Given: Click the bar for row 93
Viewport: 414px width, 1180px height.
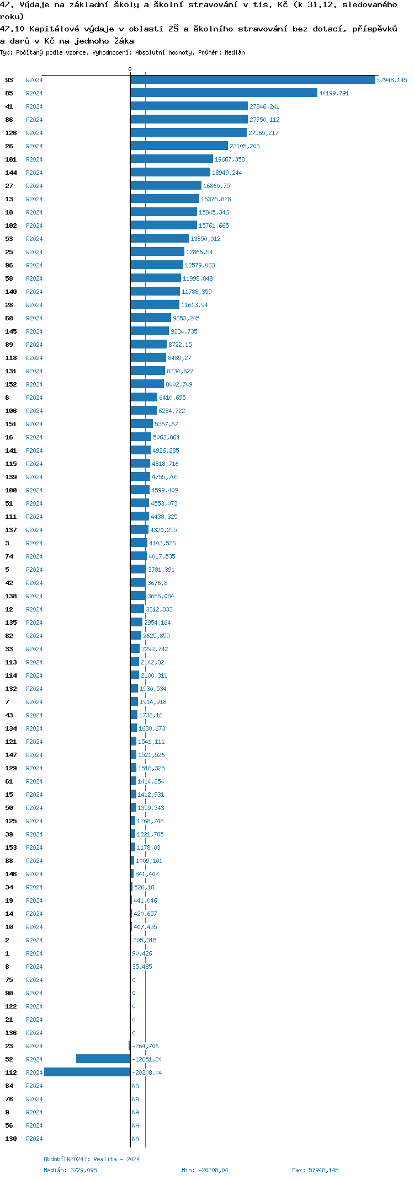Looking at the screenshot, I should (253, 80).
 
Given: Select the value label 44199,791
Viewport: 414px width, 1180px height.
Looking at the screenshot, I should (334, 93).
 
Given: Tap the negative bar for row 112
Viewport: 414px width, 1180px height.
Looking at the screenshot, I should (87, 1072).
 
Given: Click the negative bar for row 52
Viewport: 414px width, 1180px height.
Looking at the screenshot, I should (103, 1059).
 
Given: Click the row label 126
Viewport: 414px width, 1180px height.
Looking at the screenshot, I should (11, 133).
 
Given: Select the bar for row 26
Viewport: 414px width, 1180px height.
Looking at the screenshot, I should (179, 146).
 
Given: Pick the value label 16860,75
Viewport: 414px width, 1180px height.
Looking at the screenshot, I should (216, 186).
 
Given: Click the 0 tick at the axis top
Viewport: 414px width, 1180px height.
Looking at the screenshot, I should (130, 69).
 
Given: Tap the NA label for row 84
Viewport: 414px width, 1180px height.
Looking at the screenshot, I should (135, 1086).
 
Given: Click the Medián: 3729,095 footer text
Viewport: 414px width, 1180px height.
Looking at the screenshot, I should (70, 1170).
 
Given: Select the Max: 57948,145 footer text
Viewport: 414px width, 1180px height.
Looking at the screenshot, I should (315, 1170).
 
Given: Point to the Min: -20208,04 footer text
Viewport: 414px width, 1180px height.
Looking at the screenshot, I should (205, 1170).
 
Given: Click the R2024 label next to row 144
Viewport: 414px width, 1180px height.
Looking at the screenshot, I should (34, 173).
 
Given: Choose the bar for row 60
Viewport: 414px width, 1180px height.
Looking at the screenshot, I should (151, 318).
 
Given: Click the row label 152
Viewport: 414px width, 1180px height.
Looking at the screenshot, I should (11, 384).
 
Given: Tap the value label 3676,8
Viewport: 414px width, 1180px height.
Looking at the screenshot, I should (157, 583).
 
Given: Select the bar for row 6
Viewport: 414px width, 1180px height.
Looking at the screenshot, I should (144, 398).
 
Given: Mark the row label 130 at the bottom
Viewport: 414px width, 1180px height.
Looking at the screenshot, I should (11, 1139).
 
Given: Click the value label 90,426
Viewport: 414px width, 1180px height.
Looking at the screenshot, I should (142, 953).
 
